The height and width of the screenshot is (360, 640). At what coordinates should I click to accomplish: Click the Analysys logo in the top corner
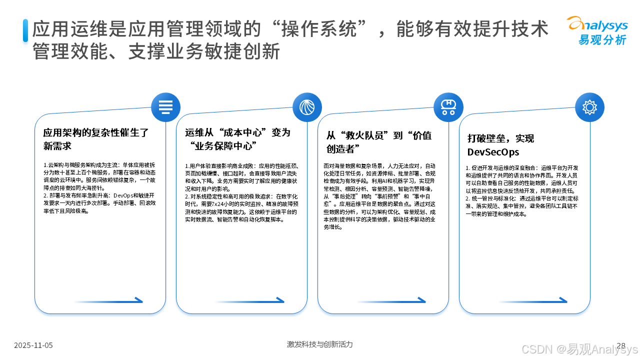596,30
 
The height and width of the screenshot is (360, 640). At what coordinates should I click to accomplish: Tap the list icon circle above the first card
165,107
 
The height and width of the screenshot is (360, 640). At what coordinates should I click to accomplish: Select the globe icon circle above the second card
307,107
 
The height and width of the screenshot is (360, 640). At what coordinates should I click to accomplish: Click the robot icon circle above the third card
448,107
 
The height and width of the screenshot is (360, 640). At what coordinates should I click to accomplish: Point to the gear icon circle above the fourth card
589,107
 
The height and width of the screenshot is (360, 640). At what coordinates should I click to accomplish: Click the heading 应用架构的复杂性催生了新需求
96,139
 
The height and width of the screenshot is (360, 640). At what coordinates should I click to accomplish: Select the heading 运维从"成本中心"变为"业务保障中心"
237,139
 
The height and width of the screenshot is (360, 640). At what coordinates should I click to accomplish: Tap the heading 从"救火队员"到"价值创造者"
379,142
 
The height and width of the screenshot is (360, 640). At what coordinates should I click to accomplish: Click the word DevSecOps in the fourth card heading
493,152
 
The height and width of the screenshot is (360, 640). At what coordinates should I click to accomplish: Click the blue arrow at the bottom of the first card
108,300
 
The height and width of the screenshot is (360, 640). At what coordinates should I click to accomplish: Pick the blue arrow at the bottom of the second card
249,300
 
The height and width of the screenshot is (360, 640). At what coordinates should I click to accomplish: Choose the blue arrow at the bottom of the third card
391,300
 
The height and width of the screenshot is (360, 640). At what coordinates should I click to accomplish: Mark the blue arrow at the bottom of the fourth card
532,300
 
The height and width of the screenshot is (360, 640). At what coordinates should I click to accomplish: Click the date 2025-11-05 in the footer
33,345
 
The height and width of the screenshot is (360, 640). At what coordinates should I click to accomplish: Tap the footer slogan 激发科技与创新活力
320,344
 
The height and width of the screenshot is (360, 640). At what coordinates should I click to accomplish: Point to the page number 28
621,345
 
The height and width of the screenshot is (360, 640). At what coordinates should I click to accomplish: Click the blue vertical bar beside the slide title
25,30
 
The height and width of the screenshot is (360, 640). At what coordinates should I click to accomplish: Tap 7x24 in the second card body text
208,204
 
